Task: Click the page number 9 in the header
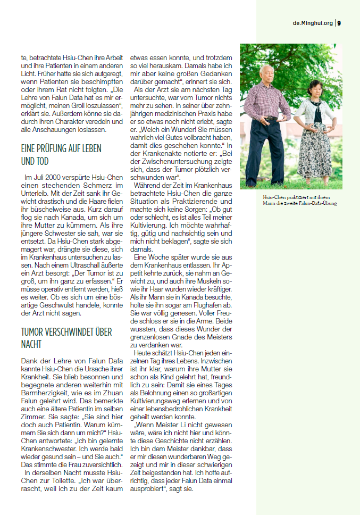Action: (x=339, y=23)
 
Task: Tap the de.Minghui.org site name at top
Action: (x=313, y=23)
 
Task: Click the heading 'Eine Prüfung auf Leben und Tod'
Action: (x=61, y=154)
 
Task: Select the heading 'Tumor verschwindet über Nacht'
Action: (x=66, y=338)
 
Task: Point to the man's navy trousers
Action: (x=266, y=157)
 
